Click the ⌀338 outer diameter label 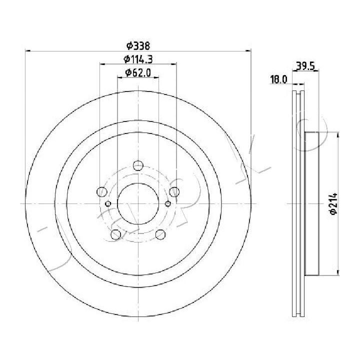point(138,45)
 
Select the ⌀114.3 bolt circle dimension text point(138,59)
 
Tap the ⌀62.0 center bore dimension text point(138,73)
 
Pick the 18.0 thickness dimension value point(278,79)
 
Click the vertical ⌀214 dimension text point(333,203)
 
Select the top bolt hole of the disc point(138,165)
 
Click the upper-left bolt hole point(102,191)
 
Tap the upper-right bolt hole point(174,191)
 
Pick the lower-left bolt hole point(115,234)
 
